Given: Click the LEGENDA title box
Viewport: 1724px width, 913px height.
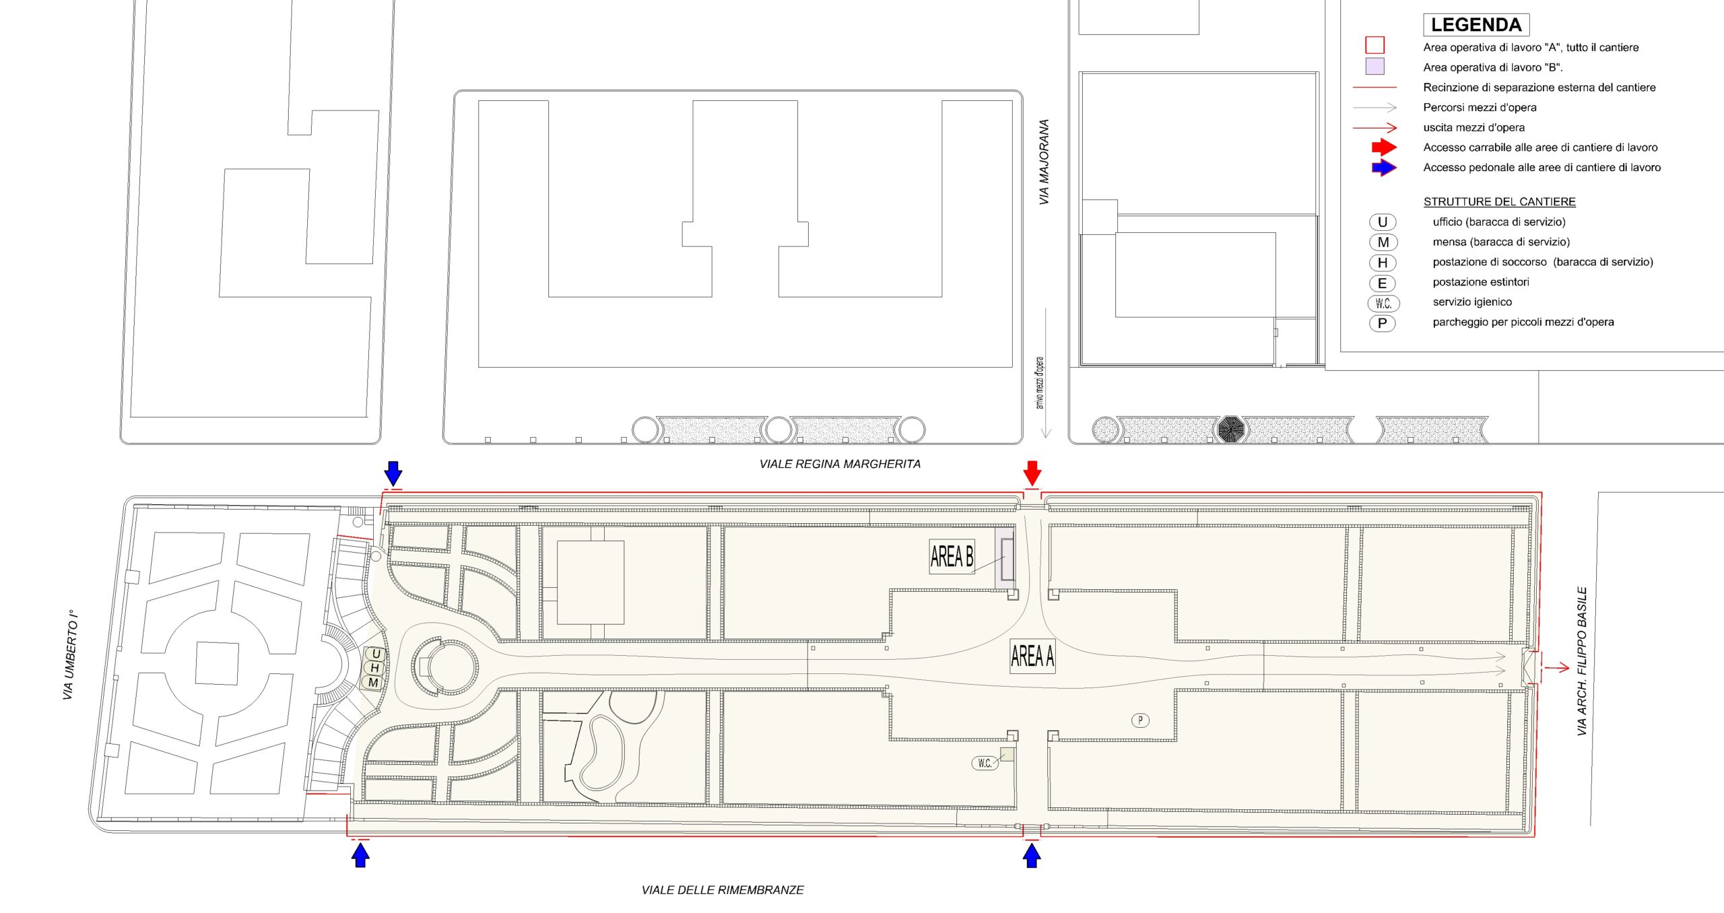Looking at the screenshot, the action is (1476, 25).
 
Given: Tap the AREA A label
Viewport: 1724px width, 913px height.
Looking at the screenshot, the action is (1032, 656).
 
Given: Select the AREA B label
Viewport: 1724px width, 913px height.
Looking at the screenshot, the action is (952, 557).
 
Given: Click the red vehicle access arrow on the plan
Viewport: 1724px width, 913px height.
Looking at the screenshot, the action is (1032, 473).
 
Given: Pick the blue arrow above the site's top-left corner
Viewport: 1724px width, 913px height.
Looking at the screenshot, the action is (393, 473).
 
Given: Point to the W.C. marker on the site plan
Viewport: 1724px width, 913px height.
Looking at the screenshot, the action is (985, 763).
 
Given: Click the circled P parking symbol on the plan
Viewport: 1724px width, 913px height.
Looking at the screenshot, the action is (1140, 720).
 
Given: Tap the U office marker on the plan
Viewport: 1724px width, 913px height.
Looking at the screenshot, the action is (376, 654).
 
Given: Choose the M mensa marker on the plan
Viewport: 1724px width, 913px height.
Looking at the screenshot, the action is (373, 683).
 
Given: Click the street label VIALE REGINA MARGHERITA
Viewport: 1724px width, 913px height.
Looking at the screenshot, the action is (840, 464).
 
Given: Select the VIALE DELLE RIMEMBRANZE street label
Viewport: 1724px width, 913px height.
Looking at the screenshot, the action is (723, 890).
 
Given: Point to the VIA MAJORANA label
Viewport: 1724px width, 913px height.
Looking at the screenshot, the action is (1044, 162).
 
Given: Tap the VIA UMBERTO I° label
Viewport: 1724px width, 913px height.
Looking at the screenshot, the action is (70, 655).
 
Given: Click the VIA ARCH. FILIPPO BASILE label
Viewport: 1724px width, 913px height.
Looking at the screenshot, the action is (1582, 661).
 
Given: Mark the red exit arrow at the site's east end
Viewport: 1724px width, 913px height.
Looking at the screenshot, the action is (1556, 668).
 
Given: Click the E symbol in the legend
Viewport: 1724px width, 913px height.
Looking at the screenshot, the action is (1382, 283).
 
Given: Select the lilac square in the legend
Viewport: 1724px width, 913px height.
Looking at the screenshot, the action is (1374, 66).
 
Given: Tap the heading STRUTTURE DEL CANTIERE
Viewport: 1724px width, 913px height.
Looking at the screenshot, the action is (1499, 202).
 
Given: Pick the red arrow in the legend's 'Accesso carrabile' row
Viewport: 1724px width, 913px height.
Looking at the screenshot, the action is (1385, 147).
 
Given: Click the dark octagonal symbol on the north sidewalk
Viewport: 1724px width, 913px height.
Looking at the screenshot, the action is (1230, 429).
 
